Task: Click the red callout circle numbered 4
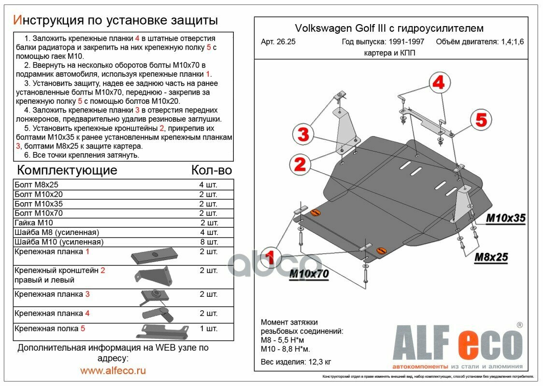[x=438, y=83]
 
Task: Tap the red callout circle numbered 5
[x=481, y=119]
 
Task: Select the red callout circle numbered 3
[x=303, y=135]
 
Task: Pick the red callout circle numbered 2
[x=300, y=165]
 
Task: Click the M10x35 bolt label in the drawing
[x=505, y=219]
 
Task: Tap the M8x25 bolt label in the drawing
[x=491, y=258]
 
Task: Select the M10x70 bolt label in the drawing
[x=309, y=274]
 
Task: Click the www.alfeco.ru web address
[x=113, y=371]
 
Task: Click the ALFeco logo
[x=457, y=345]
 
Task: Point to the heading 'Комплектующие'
[x=67, y=170]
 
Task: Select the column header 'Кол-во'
[x=211, y=170]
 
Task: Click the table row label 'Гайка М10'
[x=34, y=222]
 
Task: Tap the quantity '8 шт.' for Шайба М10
[x=209, y=242]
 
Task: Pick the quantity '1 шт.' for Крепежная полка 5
[x=209, y=329]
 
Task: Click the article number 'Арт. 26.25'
[x=278, y=42]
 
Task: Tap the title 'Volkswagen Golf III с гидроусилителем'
[x=389, y=28]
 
